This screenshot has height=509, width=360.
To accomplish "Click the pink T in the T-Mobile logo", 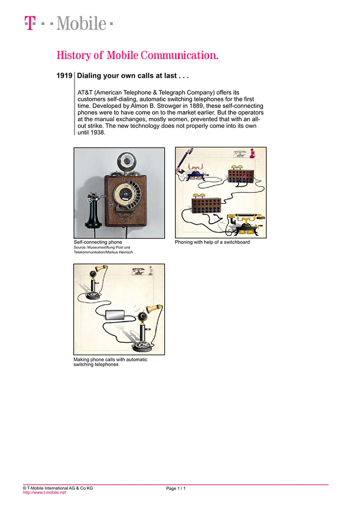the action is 30,23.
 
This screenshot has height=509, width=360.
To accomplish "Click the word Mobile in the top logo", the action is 81,23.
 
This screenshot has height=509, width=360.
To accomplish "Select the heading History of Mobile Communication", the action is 137,55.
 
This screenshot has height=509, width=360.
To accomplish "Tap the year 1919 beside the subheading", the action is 64,76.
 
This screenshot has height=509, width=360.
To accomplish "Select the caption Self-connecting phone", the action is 98,242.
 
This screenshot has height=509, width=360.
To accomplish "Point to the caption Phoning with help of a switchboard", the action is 212,242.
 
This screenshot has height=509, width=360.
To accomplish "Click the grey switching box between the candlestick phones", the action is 115,315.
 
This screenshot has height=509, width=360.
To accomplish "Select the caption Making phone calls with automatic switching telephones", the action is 110,362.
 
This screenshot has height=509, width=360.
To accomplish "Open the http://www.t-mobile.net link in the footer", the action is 44,492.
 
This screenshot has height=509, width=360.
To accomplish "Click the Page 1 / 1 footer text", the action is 176,488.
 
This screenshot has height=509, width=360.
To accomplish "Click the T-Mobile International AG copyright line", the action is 58,488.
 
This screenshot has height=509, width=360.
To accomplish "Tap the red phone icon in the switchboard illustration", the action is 252,153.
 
